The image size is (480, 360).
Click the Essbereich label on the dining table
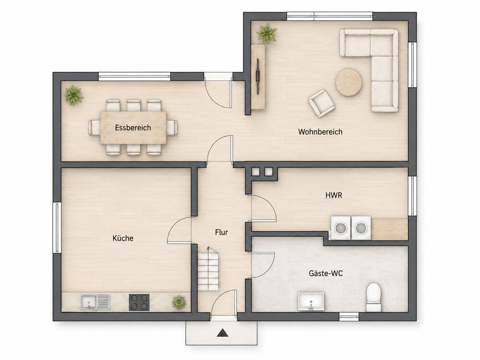pyautogui.click(x=133, y=128)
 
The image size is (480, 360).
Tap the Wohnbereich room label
pyautogui.click(x=320, y=132)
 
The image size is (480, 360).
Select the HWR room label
pyautogui.click(x=334, y=195)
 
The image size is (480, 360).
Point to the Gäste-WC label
pyautogui.click(x=325, y=274)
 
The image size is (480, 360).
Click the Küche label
pyautogui.click(x=123, y=238)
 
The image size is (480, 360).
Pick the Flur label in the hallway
pyautogui.click(x=221, y=232)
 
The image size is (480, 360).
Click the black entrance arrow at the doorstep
pyautogui.click(x=223, y=333)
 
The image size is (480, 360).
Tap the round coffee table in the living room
pyautogui.click(x=348, y=82)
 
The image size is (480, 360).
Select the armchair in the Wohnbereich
pyautogui.click(x=322, y=103)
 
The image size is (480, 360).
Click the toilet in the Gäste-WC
pyautogui.click(x=374, y=297)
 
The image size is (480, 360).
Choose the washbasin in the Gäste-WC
pyautogui.click(x=311, y=301)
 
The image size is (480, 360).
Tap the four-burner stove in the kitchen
pyautogui.click(x=139, y=302)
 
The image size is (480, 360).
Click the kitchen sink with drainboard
pyautogui.click(x=96, y=302)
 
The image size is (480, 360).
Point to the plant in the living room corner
pyautogui.click(x=266, y=33)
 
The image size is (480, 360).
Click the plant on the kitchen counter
pyautogui.click(x=179, y=302)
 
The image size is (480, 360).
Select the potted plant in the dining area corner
pyautogui.click(x=73, y=95)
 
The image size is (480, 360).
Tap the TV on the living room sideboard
pyautogui.click(x=258, y=76)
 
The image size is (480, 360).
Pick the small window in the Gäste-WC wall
pyautogui.click(x=349, y=316)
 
